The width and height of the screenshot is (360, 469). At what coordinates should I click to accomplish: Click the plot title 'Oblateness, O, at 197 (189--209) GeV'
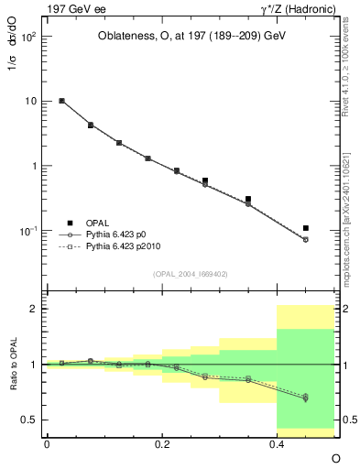point(191,36)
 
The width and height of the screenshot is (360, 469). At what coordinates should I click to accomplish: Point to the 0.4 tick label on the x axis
point(276,442)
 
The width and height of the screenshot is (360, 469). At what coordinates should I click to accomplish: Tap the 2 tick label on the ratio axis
point(33,309)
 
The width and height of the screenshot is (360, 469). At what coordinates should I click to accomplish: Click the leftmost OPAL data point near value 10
point(61,101)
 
